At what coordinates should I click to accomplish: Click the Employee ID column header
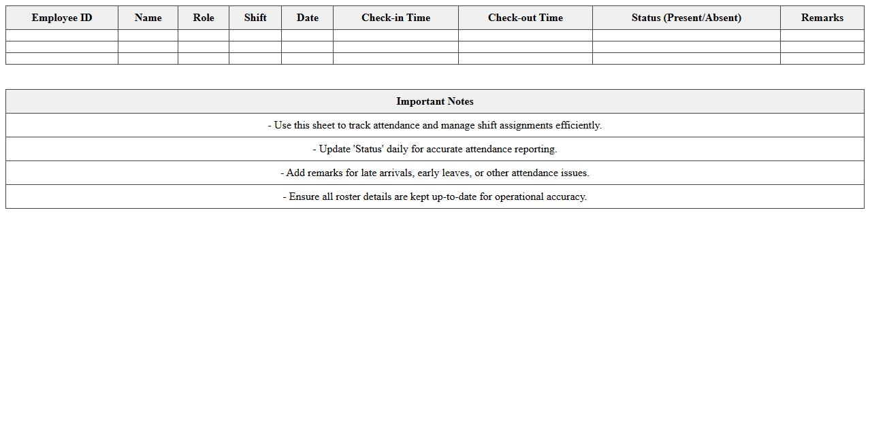tap(62, 18)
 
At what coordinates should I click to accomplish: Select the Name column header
tap(148, 18)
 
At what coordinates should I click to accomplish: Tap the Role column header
tap(204, 18)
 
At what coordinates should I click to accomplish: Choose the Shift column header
tap(255, 18)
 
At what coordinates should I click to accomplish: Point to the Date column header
tap(307, 18)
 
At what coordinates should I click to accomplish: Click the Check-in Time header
tap(396, 18)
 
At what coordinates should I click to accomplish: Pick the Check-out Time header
tap(525, 18)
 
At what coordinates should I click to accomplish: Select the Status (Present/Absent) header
tap(686, 18)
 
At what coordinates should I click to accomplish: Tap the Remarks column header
tap(822, 18)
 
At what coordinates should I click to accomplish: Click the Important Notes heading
tap(435, 101)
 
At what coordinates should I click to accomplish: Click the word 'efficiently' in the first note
tap(578, 125)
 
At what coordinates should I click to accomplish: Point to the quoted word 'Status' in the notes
tap(368, 149)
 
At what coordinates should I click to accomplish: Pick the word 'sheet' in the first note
tap(324, 125)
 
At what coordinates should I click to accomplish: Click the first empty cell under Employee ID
tap(62, 35)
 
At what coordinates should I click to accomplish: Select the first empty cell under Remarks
tap(822, 35)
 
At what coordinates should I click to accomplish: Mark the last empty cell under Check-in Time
tap(396, 58)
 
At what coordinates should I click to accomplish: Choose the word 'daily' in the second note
tap(398, 149)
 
